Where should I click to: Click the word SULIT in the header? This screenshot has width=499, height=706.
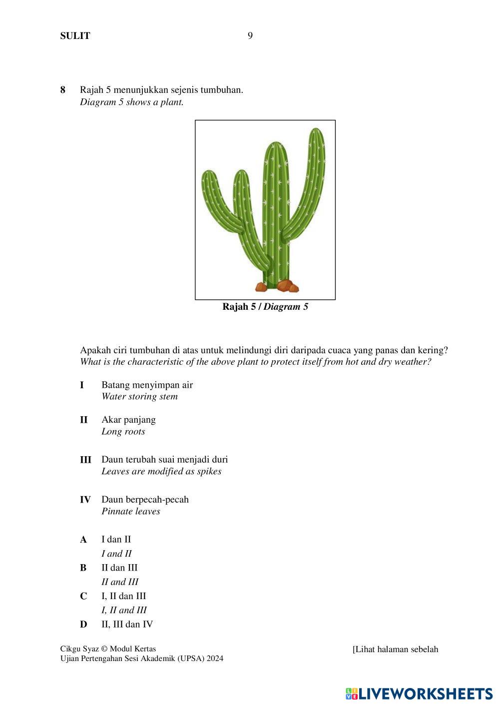click(x=75, y=35)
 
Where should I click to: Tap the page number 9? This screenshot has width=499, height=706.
click(x=250, y=35)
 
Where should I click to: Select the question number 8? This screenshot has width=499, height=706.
click(x=63, y=90)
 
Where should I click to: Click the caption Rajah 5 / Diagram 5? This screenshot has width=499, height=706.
click(x=265, y=307)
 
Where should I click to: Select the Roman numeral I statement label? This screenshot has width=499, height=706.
click(x=82, y=385)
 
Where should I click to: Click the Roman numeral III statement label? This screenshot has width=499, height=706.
click(x=85, y=460)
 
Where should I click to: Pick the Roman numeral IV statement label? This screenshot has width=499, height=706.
click(x=85, y=500)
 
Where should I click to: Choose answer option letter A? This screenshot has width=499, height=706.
click(x=83, y=540)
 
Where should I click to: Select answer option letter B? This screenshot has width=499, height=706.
click(x=83, y=568)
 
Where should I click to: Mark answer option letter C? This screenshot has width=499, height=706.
click(x=83, y=597)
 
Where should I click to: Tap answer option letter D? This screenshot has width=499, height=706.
click(x=83, y=625)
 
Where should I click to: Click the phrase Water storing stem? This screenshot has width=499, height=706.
click(x=139, y=397)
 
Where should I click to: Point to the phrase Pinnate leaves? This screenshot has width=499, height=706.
click(x=131, y=512)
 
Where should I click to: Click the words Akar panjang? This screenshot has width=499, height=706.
click(x=128, y=420)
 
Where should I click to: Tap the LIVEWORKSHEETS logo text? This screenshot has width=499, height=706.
click(x=425, y=694)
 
